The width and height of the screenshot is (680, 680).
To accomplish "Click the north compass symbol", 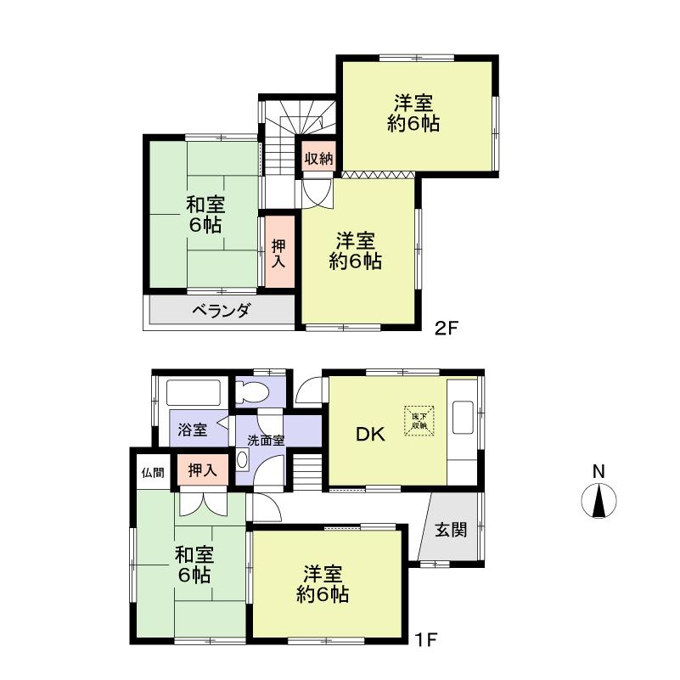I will point(599,501).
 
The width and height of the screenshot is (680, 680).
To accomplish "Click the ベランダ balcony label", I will point(221,311).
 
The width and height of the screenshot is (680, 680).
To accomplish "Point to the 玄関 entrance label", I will point(451,531).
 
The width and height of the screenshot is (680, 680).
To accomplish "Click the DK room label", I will point(370,435).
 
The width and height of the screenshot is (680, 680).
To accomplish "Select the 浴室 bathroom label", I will point(192,430).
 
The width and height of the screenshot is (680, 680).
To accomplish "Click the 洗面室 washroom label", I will point(266,441).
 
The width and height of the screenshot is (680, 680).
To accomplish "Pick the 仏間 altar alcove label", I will point(153,473).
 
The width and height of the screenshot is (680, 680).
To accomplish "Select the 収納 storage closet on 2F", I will point(319,159).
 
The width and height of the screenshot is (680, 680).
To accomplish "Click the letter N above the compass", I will point(599,471).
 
